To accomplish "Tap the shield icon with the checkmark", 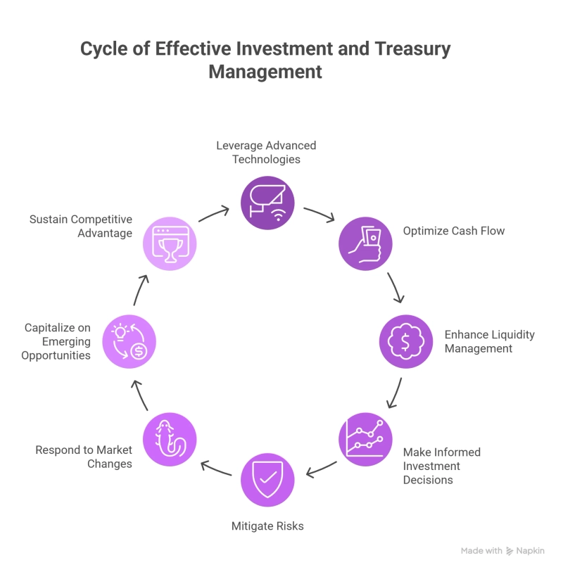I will click(267, 480).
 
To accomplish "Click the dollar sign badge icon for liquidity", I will click(405, 342).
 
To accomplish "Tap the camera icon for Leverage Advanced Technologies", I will click(267, 203).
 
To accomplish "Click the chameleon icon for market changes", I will click(170, 439).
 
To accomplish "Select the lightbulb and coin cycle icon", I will click(129, 342).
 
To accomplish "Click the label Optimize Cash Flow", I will click(453, 231).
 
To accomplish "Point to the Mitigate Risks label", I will click(267, 526).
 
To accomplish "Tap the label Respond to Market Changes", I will click(84, 457).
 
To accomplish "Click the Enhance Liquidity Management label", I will click(489, 341).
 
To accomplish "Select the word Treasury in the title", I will click(412, 49).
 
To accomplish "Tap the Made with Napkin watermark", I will click(502, 551).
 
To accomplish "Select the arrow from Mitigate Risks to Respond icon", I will click(216, 469).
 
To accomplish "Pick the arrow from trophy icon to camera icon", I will click(214, 214).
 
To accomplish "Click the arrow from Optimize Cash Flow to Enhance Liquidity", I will click(396, 287).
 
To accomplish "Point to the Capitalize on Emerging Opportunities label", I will click(58, 341).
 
